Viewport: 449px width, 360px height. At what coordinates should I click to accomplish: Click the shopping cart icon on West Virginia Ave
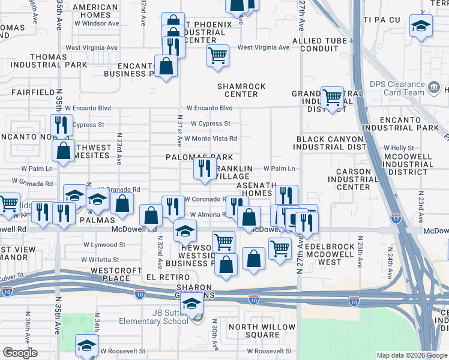217,55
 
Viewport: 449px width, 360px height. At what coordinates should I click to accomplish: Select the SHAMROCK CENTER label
241,90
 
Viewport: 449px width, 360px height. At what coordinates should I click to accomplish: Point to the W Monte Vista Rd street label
211,139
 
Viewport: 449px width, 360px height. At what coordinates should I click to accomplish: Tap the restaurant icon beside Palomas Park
205,168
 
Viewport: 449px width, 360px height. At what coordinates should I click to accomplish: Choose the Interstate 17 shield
396,218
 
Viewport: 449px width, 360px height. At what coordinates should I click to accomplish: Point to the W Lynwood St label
104,245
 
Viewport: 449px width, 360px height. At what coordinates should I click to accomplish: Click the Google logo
20,352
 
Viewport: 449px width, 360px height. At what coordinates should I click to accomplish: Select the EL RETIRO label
169,278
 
